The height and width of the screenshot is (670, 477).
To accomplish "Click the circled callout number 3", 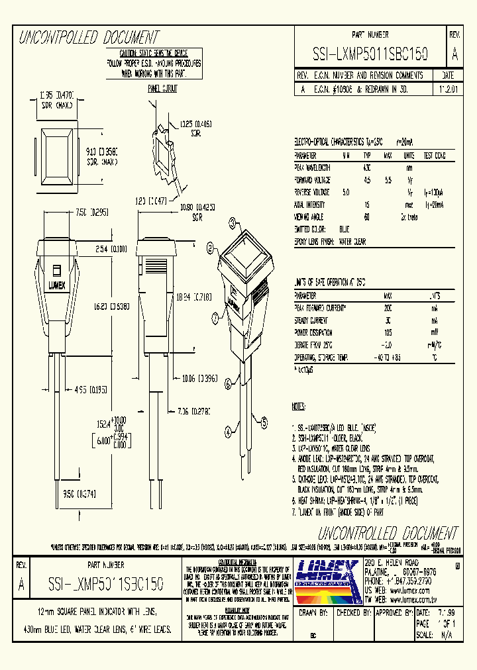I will [x=215, y=318].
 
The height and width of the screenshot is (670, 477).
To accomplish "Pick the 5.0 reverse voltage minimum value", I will [x=345, y=192].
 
